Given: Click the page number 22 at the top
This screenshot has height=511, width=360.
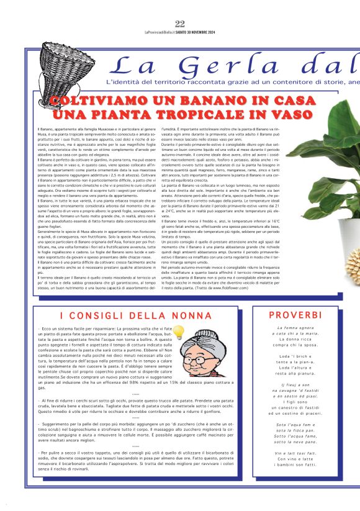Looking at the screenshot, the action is point(180,24).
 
